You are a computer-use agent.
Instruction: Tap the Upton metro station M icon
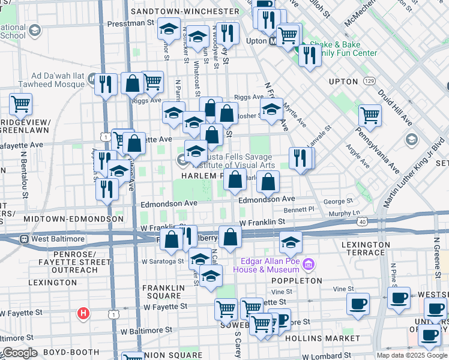click(274, 41)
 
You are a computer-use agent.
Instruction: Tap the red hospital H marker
click(84, 313)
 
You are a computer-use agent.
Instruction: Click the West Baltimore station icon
click(25, 239)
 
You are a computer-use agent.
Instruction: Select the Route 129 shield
click(370, 80)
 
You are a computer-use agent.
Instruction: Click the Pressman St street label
click(130, 24)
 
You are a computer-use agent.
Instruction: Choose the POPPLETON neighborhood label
click(294, 280)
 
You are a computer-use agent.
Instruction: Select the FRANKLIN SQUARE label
click(163, 292)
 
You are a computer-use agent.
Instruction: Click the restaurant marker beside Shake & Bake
click(310, 55)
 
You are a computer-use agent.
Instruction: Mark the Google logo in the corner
click(20, 353)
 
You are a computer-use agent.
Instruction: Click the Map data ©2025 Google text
click(411, 355)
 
